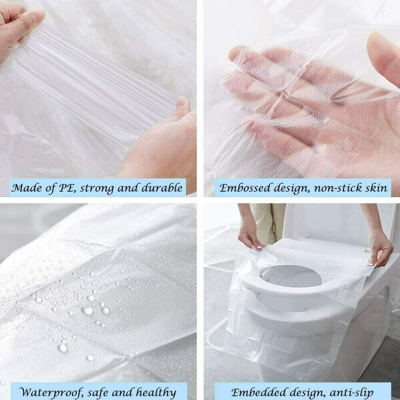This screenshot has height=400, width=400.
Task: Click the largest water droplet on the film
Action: pos(87,310)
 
